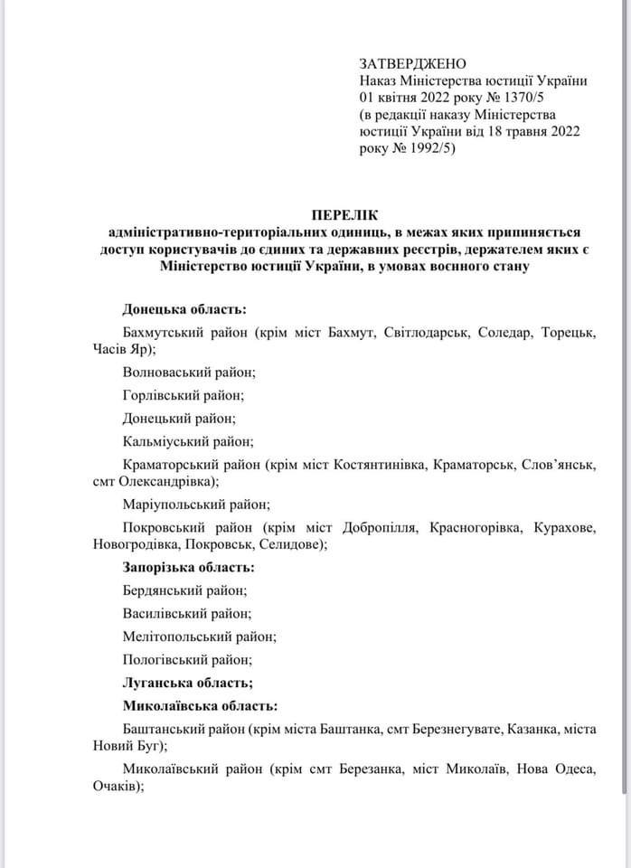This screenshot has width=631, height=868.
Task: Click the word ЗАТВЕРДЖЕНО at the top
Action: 412,63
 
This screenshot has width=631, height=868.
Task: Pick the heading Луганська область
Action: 187,683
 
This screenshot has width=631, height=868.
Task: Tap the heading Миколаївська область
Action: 200,705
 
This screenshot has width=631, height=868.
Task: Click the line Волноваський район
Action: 189,372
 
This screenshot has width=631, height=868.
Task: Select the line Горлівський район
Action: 184,395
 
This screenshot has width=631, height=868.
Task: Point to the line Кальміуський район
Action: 188,442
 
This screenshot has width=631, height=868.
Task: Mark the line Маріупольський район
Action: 196,505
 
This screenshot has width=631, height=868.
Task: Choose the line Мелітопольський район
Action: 199,637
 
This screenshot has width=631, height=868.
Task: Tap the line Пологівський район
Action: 187,660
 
